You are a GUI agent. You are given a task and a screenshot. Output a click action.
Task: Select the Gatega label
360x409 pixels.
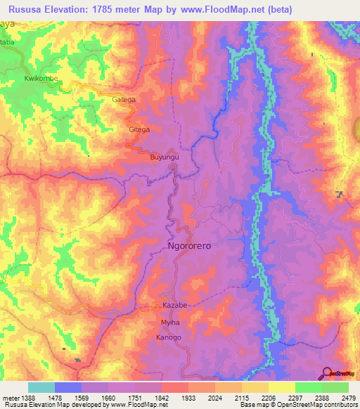[124, 100]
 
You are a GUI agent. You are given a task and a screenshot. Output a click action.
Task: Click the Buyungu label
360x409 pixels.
[165, 157]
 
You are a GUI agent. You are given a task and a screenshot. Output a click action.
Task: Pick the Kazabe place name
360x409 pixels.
[174, 306]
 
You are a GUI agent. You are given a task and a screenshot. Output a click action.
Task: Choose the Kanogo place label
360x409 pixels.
[169, 338]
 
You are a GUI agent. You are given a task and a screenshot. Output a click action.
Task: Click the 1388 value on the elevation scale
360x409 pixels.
[29, 397]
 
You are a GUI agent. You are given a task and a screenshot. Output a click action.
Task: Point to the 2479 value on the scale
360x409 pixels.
[348, 397]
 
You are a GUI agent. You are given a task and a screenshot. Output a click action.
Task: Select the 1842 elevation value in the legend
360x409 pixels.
[162, 397]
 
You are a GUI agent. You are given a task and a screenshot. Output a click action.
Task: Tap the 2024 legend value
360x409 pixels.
[215, 397]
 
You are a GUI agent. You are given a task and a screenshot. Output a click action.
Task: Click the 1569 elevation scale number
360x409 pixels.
[82, 397]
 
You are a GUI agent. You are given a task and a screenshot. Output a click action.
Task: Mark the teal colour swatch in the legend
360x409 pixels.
[41, 387]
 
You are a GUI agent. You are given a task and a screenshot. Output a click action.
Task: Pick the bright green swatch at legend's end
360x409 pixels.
[335, 387]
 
